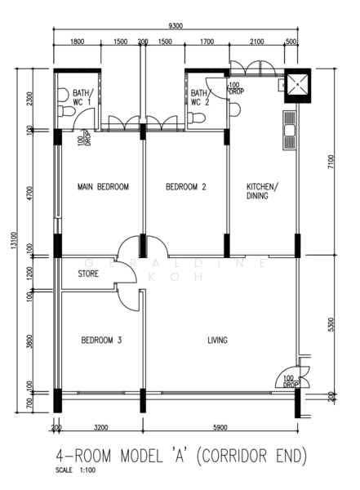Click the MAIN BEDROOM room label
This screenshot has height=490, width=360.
click(103, 187)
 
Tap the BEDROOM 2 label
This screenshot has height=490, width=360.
click(185, 187)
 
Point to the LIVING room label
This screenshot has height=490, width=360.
click(217, 340)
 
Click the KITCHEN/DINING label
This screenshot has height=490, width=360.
click(262, 191)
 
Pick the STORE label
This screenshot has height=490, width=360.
click(89, 274)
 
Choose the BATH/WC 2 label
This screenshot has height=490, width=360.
click(201, 99)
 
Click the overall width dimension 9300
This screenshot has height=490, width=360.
click(175, 26)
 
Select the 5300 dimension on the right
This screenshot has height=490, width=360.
click(330, 324)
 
